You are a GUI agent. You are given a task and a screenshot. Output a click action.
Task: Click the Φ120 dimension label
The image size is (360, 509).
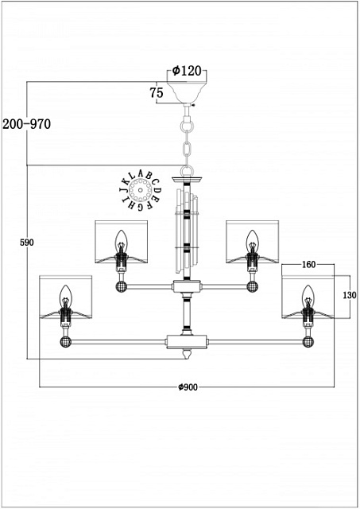coord(187,71)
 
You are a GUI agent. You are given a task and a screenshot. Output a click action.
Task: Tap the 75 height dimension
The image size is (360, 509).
coord(157,93)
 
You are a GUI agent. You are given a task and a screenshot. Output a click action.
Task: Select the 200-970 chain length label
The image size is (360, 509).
coord(26,124)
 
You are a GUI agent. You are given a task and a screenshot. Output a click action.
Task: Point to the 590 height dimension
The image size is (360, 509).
coord(26,243)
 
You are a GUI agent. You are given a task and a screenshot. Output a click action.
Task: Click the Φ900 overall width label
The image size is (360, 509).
coord(188,387)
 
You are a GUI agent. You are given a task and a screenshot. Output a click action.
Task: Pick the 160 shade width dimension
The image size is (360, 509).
coord(308,265)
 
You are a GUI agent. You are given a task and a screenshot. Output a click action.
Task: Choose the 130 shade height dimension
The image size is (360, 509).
coord(350,295)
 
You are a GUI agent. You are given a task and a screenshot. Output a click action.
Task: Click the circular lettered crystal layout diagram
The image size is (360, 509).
coord(141,190)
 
